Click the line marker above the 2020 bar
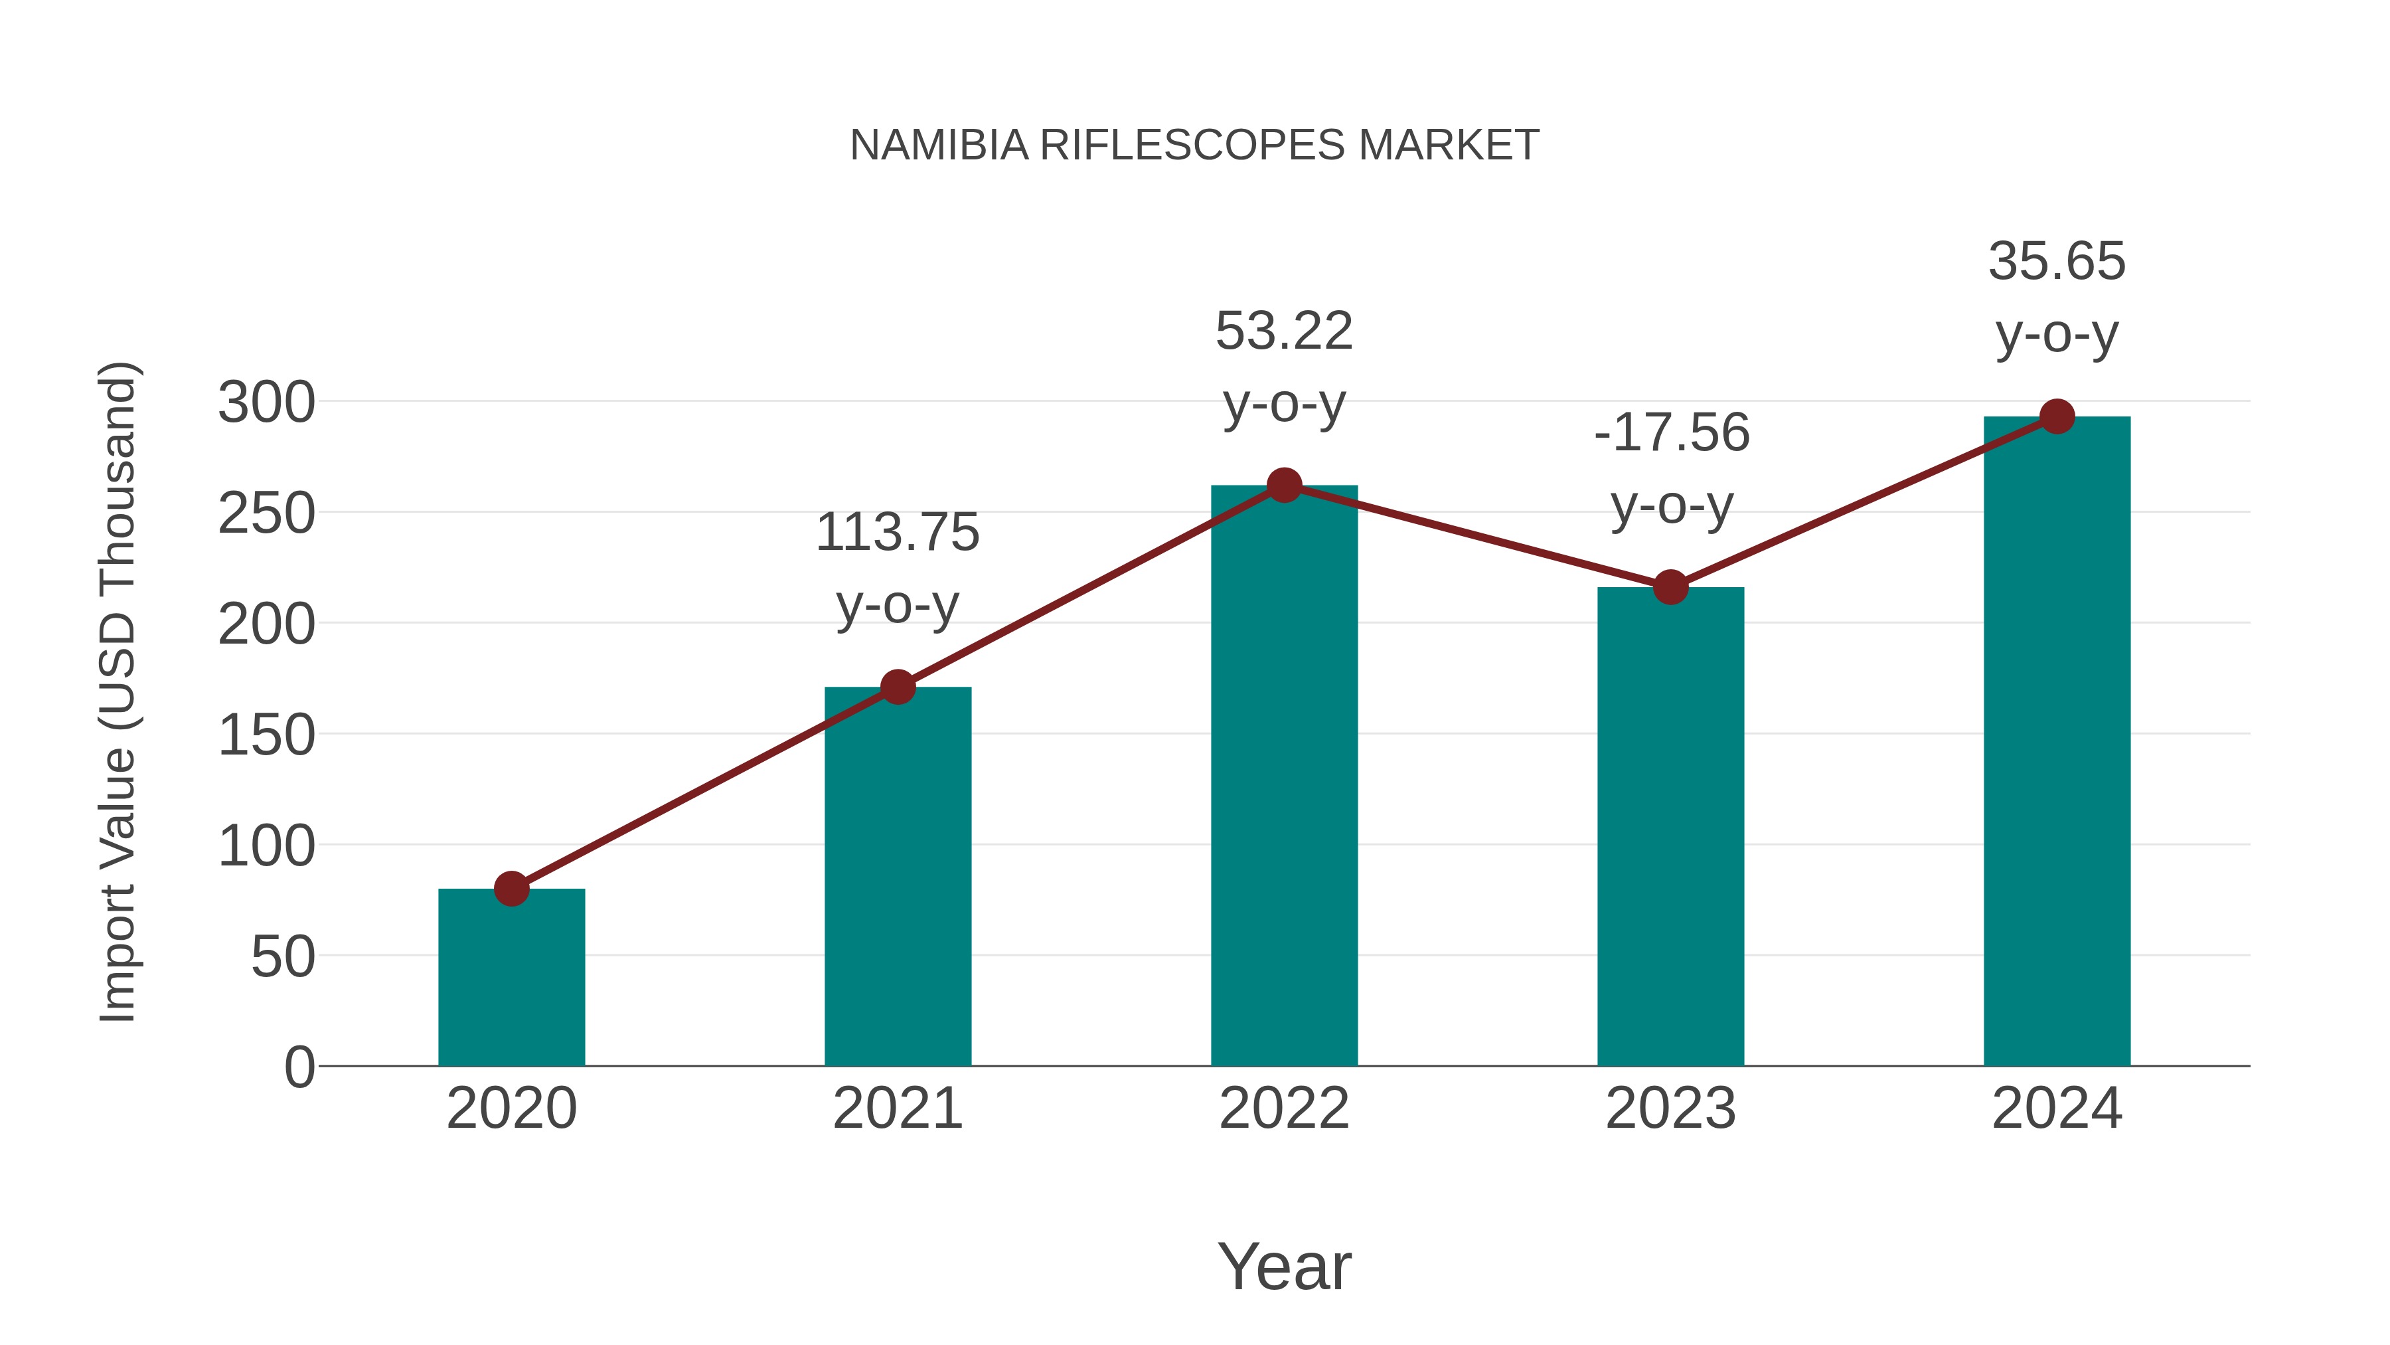point(511,888)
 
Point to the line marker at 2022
point(1284,485)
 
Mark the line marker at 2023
point(1670,586)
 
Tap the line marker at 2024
point(2057,416)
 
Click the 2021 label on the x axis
point(897,1109)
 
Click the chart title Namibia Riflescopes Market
point(1194,145)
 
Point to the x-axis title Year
point(1284,1266)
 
